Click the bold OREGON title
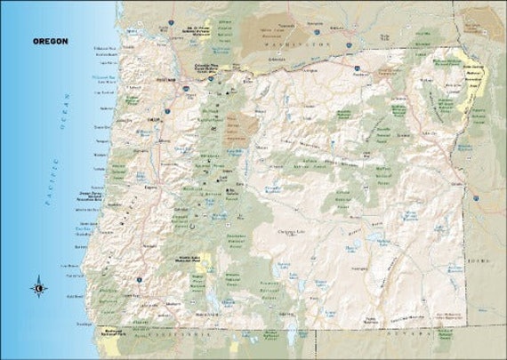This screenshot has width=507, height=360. click(x=49, y=41)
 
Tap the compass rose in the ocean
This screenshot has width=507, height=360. click(x=39, y=287)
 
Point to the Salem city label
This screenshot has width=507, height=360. click(x=154, y=117)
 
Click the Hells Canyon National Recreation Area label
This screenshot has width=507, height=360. click(x=475, y=73)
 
